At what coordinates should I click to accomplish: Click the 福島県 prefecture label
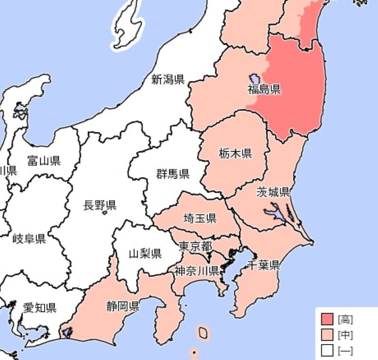pos(264,89)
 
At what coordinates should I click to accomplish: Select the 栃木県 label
pos(235,153)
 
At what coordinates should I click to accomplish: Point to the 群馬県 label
pos(173,174)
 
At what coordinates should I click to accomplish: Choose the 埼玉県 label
pos(200,218)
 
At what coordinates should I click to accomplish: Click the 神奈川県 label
pos(196,271)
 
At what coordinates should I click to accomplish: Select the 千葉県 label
pos(263,265)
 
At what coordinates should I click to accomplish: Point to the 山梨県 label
pos(145,253)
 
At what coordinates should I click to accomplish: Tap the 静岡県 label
pos(123,306)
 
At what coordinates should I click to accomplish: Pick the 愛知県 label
pos(40,308)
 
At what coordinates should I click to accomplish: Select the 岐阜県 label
pos(29,239)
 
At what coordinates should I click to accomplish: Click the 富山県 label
pos(44,161)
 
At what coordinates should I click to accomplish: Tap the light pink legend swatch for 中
pos(327,335)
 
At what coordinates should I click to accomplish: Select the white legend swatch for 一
pos(327,351)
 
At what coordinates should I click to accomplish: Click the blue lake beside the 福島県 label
pos(254,78)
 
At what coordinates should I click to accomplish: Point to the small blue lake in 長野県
pos(105,214)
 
